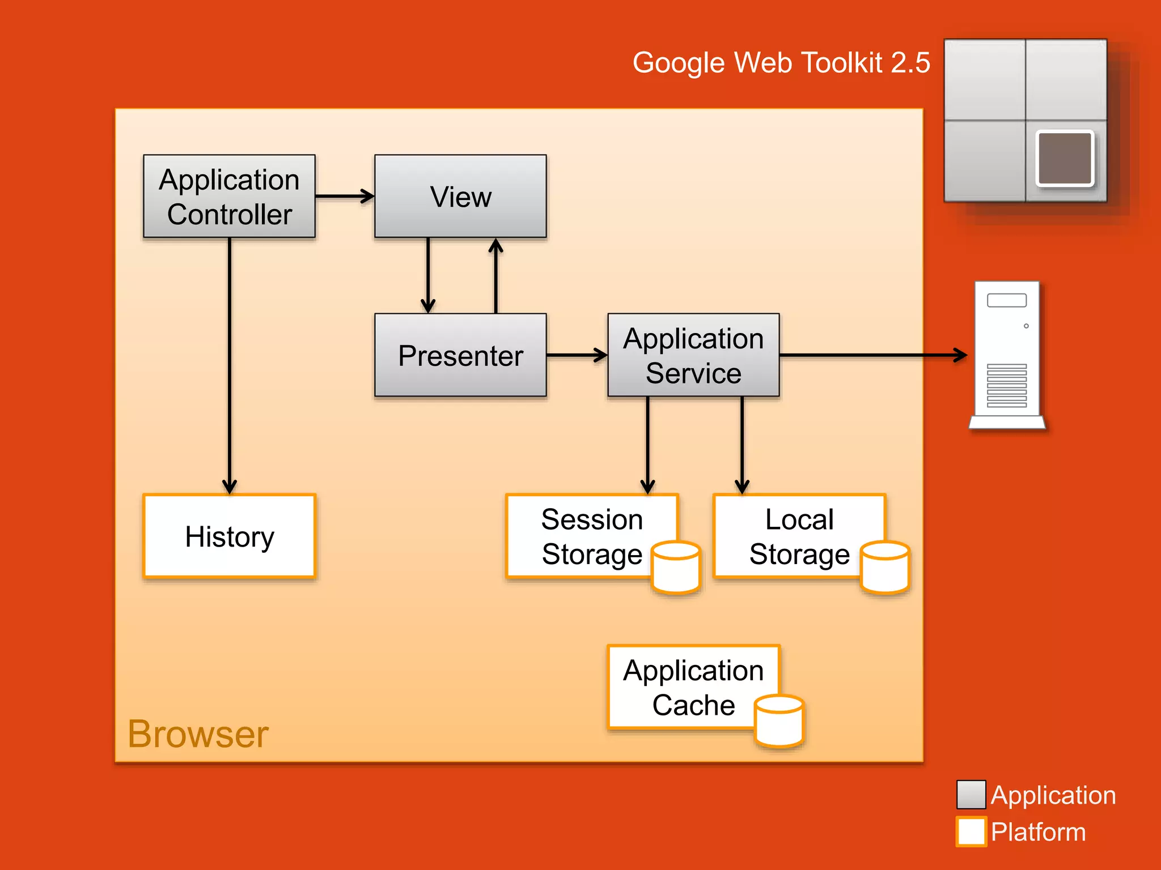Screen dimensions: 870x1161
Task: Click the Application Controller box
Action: coord(229,196)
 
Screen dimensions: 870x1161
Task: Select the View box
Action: coord(460,196)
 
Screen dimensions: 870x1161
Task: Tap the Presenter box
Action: coord(460,355)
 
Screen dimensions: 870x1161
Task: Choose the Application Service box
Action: coord(693,355)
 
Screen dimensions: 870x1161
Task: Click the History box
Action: coord(229,536)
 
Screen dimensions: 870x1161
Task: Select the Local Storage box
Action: coord(798,536)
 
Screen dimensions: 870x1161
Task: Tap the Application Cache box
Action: coord(693,686)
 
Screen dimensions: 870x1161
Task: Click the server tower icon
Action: coord(1007,355)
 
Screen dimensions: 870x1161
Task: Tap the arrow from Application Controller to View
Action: coord(344,196)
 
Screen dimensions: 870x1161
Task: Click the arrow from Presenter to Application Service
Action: coord(577,355)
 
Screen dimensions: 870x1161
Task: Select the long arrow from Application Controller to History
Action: coord(230,362)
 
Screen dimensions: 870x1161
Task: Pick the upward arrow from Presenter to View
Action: coord(496,276)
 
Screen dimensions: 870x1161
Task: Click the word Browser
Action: coord(198,734)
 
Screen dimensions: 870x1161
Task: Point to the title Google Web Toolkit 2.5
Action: coord(781,62)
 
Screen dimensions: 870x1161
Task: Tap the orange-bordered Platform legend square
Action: coord(971,831)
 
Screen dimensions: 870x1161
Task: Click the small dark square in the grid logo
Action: coord(1065,159)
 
